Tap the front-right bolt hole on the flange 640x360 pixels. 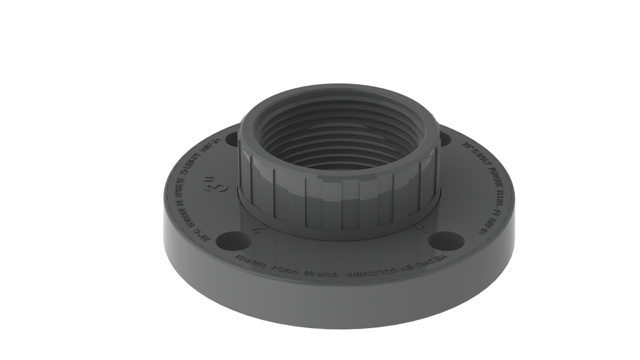tap(447, 239)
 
